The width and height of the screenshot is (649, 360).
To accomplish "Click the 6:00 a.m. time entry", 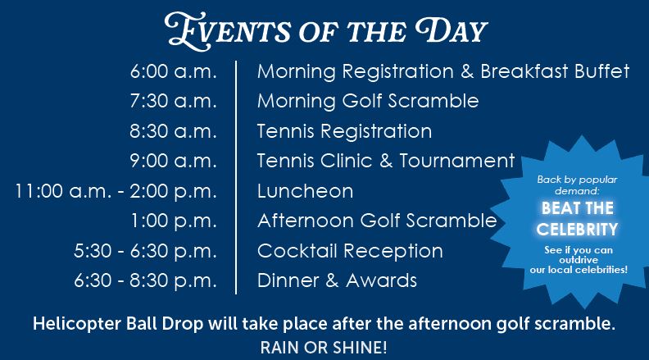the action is [174, 71].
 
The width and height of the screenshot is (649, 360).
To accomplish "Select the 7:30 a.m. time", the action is [174, 101].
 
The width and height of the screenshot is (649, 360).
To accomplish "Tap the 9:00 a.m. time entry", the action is [174, 161].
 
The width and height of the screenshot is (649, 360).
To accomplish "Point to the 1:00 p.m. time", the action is [174, 221].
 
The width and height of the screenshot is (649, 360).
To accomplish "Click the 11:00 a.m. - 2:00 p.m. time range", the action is [116, 191].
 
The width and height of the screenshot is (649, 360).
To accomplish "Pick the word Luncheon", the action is [305, 191].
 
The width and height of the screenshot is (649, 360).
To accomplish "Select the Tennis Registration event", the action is [344, 131].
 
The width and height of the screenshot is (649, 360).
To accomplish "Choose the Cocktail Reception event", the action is [350, 251].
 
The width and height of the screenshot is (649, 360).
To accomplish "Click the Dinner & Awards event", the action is [337, 280].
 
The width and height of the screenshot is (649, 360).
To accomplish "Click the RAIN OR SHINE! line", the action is [324, 348].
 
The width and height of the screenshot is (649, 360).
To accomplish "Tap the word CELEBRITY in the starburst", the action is [577, 229].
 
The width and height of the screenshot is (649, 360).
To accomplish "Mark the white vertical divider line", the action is [236, 177].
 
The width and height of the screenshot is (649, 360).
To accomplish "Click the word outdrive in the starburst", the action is [579, 260].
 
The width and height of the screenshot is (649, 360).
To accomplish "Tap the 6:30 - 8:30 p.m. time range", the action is [145, 280].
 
